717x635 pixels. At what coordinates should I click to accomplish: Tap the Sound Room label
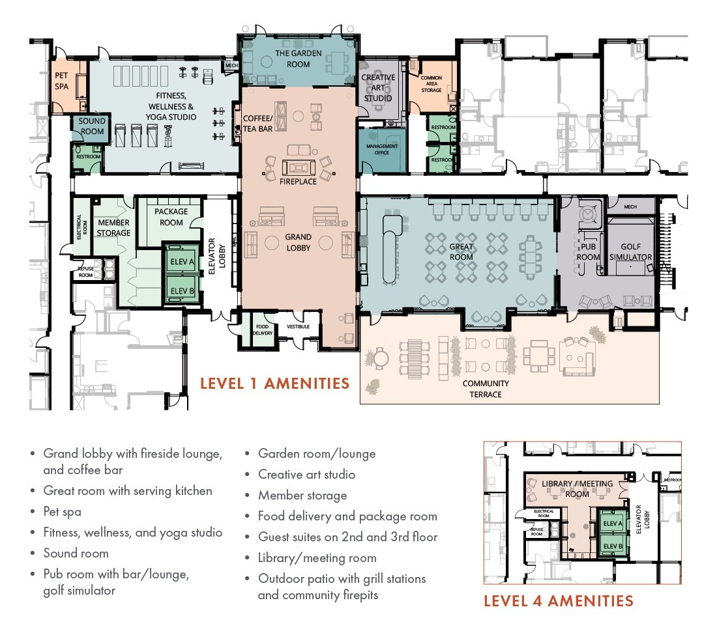92,126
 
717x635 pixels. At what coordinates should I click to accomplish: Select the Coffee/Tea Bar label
257,124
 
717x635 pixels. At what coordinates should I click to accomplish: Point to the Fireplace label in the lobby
298,181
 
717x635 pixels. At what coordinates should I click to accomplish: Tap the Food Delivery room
262,331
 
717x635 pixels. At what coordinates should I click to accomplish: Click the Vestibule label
297,326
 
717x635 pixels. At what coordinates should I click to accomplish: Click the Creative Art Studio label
379,88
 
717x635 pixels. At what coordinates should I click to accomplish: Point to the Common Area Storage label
431,84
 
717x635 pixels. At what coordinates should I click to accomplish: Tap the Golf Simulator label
631,252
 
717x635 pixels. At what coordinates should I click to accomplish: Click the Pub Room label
588,252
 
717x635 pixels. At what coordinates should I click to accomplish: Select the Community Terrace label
486,389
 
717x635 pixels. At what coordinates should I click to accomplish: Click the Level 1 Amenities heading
274,383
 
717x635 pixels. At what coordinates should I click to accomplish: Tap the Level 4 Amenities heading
558,600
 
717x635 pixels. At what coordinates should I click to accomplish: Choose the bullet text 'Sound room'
76,553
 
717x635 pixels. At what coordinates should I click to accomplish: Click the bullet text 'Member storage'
302,495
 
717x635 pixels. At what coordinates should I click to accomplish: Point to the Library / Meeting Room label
578,488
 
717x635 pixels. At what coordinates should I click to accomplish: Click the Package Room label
171,217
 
